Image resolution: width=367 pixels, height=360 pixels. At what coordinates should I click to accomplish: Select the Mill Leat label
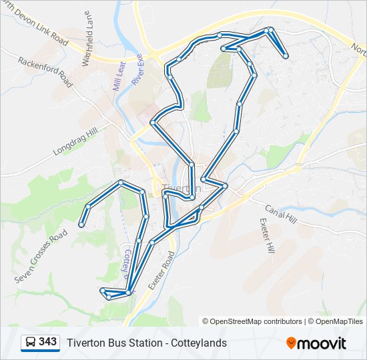click(x=117, y=75)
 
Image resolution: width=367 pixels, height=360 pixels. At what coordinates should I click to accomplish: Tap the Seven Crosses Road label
click(x=41, y=256)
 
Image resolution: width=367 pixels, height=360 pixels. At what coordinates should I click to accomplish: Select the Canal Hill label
click(x=280, y=214)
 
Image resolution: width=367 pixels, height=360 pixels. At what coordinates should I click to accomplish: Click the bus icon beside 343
click(x=31, y=343)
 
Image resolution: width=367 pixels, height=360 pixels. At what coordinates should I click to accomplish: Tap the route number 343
click(x=48, y=342)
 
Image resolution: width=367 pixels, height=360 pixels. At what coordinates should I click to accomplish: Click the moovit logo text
click(x=323, y=343)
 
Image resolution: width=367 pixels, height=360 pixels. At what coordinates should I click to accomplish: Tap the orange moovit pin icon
click(x=292, y=343)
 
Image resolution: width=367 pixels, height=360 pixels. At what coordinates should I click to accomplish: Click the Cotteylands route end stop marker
click(x=81, y=225)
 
